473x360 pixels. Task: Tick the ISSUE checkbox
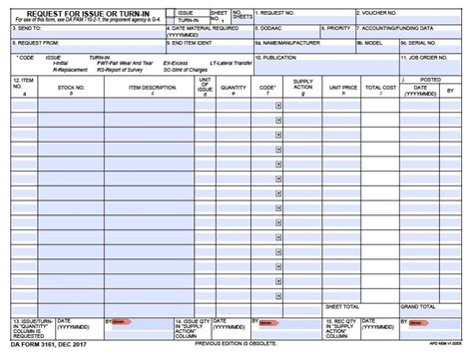(x=171, y=13)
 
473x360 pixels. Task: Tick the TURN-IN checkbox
(x=171, y=20)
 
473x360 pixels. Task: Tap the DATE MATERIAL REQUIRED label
(x=205, y=28)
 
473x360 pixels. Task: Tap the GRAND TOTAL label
(x=415, y=306)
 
